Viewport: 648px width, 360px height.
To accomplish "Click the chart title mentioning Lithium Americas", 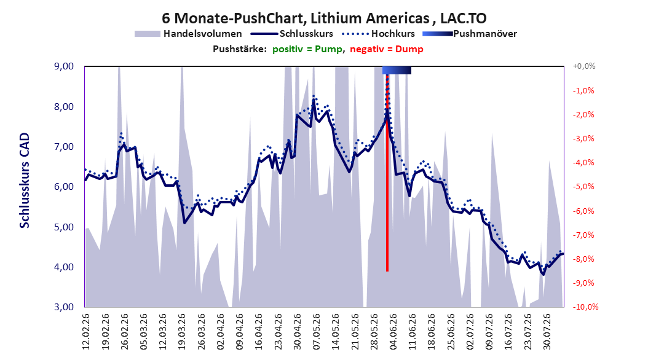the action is click(x=324, y=18).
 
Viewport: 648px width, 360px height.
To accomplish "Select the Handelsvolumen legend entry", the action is click(x=189, y=34).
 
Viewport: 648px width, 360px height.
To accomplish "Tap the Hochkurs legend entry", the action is click(x=379, y=34).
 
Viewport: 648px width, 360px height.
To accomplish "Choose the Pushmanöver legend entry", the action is click(x=470, y=34).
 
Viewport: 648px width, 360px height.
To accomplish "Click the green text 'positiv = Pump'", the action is click(x=307, y=49).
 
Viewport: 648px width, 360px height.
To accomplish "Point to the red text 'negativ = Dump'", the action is click(x=387, y=49).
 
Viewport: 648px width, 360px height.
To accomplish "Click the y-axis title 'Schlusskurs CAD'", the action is click(x=25, y=181).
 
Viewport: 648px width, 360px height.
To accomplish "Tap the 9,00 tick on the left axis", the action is click(x=64, y=66).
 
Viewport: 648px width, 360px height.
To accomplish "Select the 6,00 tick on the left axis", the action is click(x=64, y=187).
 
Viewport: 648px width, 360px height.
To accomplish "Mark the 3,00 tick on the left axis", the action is click(x=64, y=307).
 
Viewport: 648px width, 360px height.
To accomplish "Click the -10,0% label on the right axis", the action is click(x=585, y=307).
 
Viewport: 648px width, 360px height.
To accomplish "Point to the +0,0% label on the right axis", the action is click(x=584, y=66).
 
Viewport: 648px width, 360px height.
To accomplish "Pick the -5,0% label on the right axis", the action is click(x=583, y=187).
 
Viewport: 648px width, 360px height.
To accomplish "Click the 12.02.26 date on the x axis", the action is click(x=86, y=332).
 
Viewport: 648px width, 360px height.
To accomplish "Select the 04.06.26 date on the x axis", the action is click(x=393, y=332).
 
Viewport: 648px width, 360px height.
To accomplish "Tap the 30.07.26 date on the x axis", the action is click(x=547, y=332).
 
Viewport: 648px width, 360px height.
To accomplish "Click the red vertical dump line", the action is click(x=387, y=173).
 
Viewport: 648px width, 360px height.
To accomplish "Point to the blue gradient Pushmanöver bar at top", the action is click(x=397, y=70).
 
